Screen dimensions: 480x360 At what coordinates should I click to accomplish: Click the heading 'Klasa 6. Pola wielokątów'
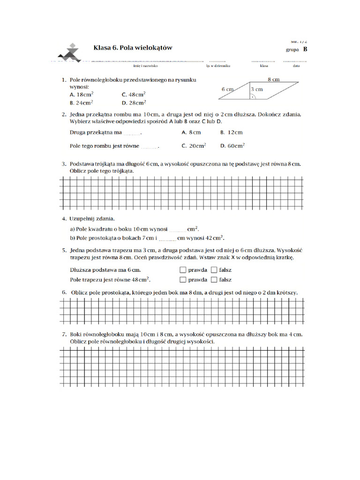click(133, 47)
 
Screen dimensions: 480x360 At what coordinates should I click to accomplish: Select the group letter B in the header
click(305, 49)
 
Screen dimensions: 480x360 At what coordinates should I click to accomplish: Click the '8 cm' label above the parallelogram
click(274, 80)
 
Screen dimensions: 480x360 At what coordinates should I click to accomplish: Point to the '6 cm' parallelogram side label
click(227, 89)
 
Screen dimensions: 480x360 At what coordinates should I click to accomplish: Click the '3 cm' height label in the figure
click(257, 89)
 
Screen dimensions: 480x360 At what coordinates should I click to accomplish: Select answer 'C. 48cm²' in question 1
click(134, 94)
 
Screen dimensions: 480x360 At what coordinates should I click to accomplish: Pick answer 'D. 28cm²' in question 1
click(134, 103)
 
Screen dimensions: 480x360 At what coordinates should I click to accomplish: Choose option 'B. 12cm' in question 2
click(232, 133)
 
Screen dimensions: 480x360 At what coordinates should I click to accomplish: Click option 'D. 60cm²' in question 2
click(232, 146)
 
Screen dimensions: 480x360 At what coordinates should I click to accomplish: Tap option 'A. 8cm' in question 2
click(191, 133)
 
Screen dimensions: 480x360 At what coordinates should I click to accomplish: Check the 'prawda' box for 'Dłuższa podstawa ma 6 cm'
click(182, 270)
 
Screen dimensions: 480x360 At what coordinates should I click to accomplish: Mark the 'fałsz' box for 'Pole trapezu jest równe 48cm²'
click(214, 280)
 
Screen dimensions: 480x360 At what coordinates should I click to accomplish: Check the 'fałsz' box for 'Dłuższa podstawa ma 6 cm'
click(214, 270)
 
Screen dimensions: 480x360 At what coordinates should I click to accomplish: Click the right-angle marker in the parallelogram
click(253, 97)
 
